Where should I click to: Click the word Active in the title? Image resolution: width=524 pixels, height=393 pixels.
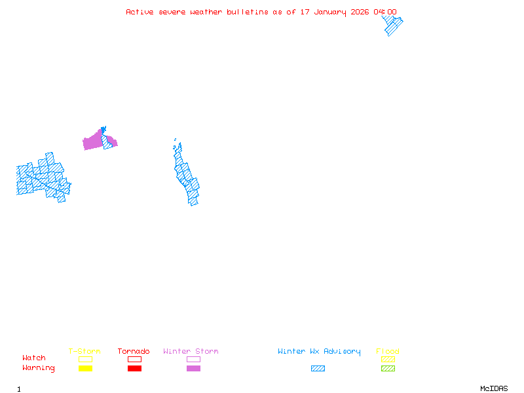tap(140, 12)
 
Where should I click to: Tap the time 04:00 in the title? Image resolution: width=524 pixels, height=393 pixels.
tap(384, 12)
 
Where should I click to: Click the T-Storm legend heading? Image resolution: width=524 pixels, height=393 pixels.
tap(84, 351)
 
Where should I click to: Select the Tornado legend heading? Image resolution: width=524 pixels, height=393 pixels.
tap(134, 351)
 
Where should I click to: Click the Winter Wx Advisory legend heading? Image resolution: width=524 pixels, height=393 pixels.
tap(319, 351)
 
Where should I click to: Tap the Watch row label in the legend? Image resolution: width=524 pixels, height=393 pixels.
tap(34, 358)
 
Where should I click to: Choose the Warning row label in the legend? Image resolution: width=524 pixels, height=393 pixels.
tap(39, 368)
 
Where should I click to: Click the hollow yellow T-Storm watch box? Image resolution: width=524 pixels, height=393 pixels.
tap(85, 359)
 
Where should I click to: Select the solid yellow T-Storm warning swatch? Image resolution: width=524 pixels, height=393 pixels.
tap(85, 368)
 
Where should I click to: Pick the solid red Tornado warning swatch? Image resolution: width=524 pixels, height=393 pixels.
tap(134, 368)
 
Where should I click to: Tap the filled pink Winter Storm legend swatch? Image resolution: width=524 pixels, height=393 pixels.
tap(193, 368)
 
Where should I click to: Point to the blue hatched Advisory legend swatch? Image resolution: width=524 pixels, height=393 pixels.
tap(318, 368)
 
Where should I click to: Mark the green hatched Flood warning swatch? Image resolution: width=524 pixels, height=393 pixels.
tap(388, 368)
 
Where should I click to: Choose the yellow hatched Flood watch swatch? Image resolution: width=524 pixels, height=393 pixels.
tap(388, 359)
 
